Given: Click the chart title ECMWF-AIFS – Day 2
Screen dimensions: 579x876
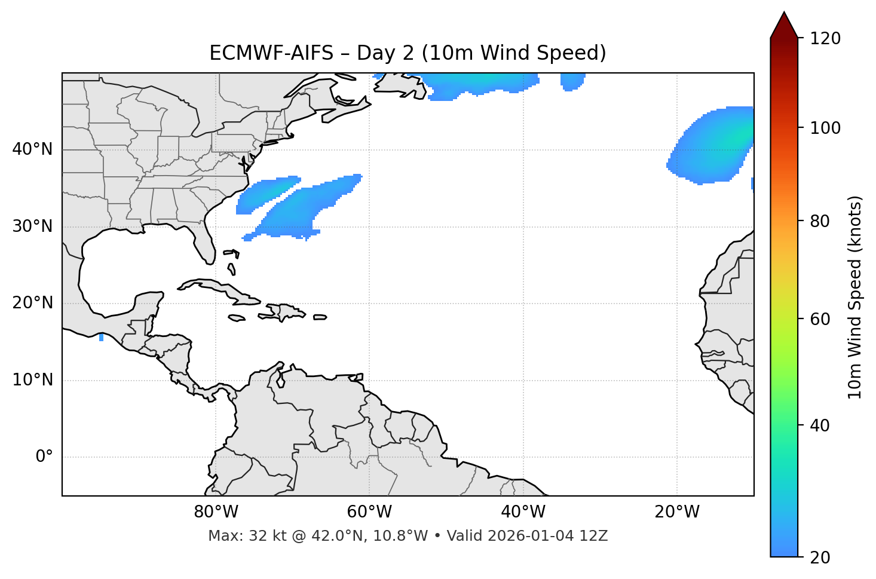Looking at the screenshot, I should click(x=408, y=53).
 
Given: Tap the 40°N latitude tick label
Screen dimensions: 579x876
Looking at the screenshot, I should click(x=32, y=149).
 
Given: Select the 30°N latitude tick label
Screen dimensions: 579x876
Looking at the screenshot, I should click(x=32, y=226).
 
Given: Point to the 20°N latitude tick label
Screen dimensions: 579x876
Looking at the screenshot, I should click(x=32, y=303).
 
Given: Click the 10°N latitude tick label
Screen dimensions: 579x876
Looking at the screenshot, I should click(x=32, y=380).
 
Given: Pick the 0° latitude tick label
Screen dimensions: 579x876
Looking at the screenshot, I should click(x=44, y=457).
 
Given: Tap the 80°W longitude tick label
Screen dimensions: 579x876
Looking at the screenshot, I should click(x=216, y=512).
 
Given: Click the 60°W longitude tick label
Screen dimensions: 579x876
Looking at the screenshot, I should click(x=369, y=512).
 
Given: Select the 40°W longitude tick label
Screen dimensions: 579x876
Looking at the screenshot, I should click(x=523, y=512).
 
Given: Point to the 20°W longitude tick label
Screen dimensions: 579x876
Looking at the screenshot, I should click(x=676, y=512).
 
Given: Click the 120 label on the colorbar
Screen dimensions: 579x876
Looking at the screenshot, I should click(x=825, y=39).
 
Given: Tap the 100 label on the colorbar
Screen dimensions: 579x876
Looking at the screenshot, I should click(x=825, y=128).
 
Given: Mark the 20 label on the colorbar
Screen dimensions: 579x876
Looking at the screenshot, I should click(x=820, y=557).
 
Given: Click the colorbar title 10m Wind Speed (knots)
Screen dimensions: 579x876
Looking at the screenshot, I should click(x=856, y=297).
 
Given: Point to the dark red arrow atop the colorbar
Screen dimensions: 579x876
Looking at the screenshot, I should click(x=784, y=26).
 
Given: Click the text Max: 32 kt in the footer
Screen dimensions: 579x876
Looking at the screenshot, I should click(x=234, y=536).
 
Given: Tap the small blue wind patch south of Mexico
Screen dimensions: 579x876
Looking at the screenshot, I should click(x=101, y=338).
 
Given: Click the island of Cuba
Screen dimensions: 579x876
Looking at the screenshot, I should click(x=221, y=289).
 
